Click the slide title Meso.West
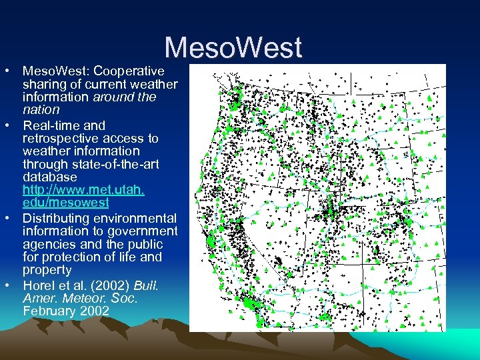coord(233,48)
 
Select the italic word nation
coord(41,109)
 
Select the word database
coord(50,177)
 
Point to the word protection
coord(72,257)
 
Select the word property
coord(47,270)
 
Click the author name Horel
coord(39,286)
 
